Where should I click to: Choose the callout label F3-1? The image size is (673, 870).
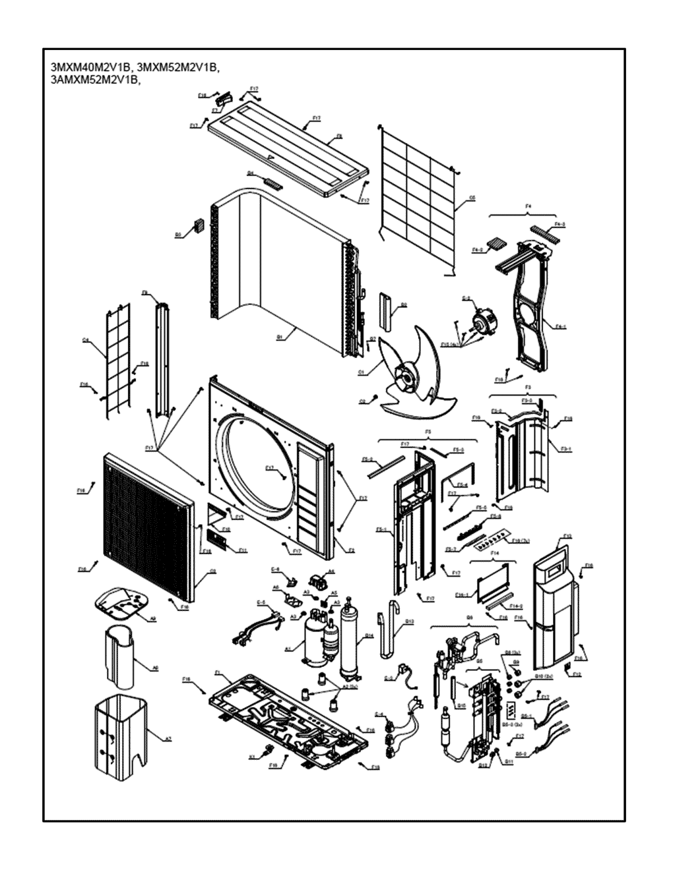pos(565,448)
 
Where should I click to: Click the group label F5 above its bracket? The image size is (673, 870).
pos(428,432)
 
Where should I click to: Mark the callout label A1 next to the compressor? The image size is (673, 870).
pos(288,649)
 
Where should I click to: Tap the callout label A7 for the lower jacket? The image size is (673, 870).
pos(168,739)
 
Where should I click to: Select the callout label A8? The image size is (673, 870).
pos(156,668)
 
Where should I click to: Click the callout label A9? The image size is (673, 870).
pos(152,618)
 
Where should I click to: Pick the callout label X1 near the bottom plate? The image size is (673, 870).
pos(251,757)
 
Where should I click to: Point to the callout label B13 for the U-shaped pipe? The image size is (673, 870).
pos(409,621)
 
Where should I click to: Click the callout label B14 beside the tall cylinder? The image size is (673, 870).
pos(369,636)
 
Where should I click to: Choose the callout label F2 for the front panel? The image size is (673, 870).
pos(351,550)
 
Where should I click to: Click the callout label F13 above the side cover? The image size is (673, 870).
pos(567,536)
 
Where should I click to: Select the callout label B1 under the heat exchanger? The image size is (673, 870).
pos(280,337)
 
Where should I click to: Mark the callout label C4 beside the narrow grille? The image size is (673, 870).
pos(86,340)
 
